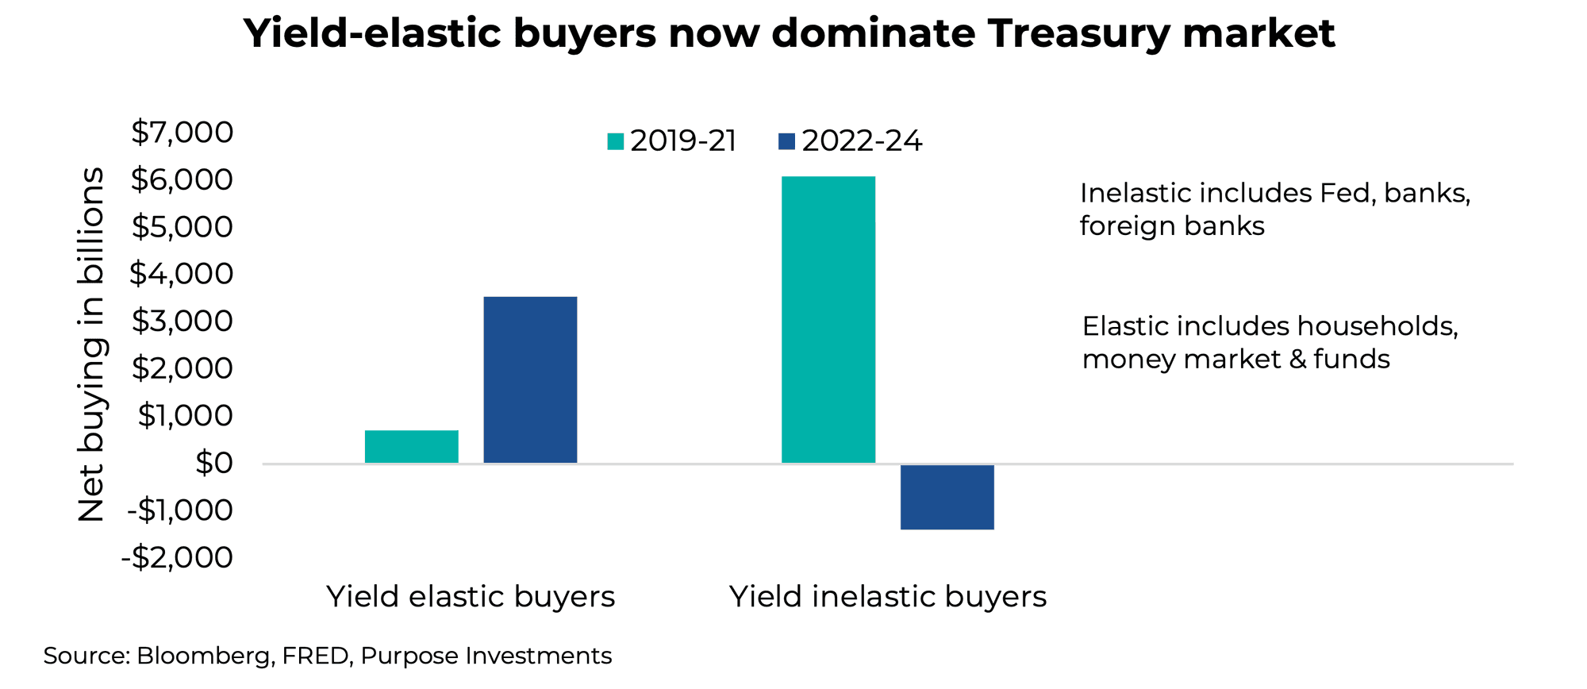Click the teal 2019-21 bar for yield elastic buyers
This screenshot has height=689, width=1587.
(x=411, y=446)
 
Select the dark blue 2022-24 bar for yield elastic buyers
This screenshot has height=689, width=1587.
(x=530, y=379)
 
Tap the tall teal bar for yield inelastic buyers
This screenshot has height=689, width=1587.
(x=828, y=319)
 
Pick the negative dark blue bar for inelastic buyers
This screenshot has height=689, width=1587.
(x=947, y=497)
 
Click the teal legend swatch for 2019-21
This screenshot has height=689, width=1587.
(x=616, y=142)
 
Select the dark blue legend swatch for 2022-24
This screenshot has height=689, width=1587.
(x=786, y=142)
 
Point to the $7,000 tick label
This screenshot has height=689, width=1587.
(x=183, y=133)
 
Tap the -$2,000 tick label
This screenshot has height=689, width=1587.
(x=177, y=557)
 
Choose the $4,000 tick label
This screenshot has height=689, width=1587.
(x=183, y=274)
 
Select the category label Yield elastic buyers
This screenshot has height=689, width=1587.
(x=471, y=597)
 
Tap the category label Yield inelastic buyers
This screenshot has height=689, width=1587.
(x=888, y=597)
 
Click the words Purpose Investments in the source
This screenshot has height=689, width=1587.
(x=486, y=656)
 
